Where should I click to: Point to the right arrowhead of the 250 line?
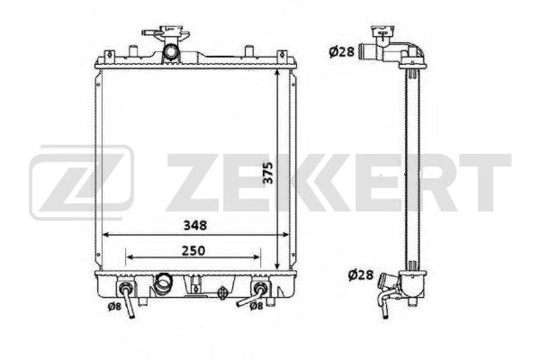coord(262,257)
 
